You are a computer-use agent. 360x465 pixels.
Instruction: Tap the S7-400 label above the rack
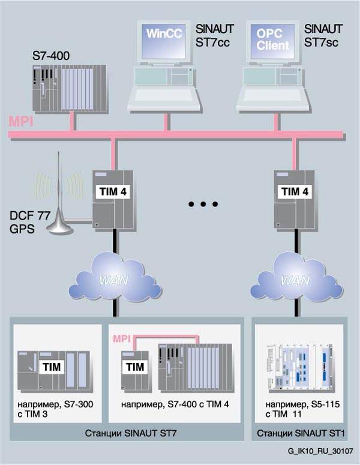51,57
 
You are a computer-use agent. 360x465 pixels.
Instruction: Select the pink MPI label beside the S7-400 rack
20,122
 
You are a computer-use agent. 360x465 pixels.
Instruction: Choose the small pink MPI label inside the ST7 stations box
122,340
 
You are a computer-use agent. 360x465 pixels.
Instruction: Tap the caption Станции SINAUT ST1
298,433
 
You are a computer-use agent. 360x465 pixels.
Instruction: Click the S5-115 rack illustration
298,367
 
